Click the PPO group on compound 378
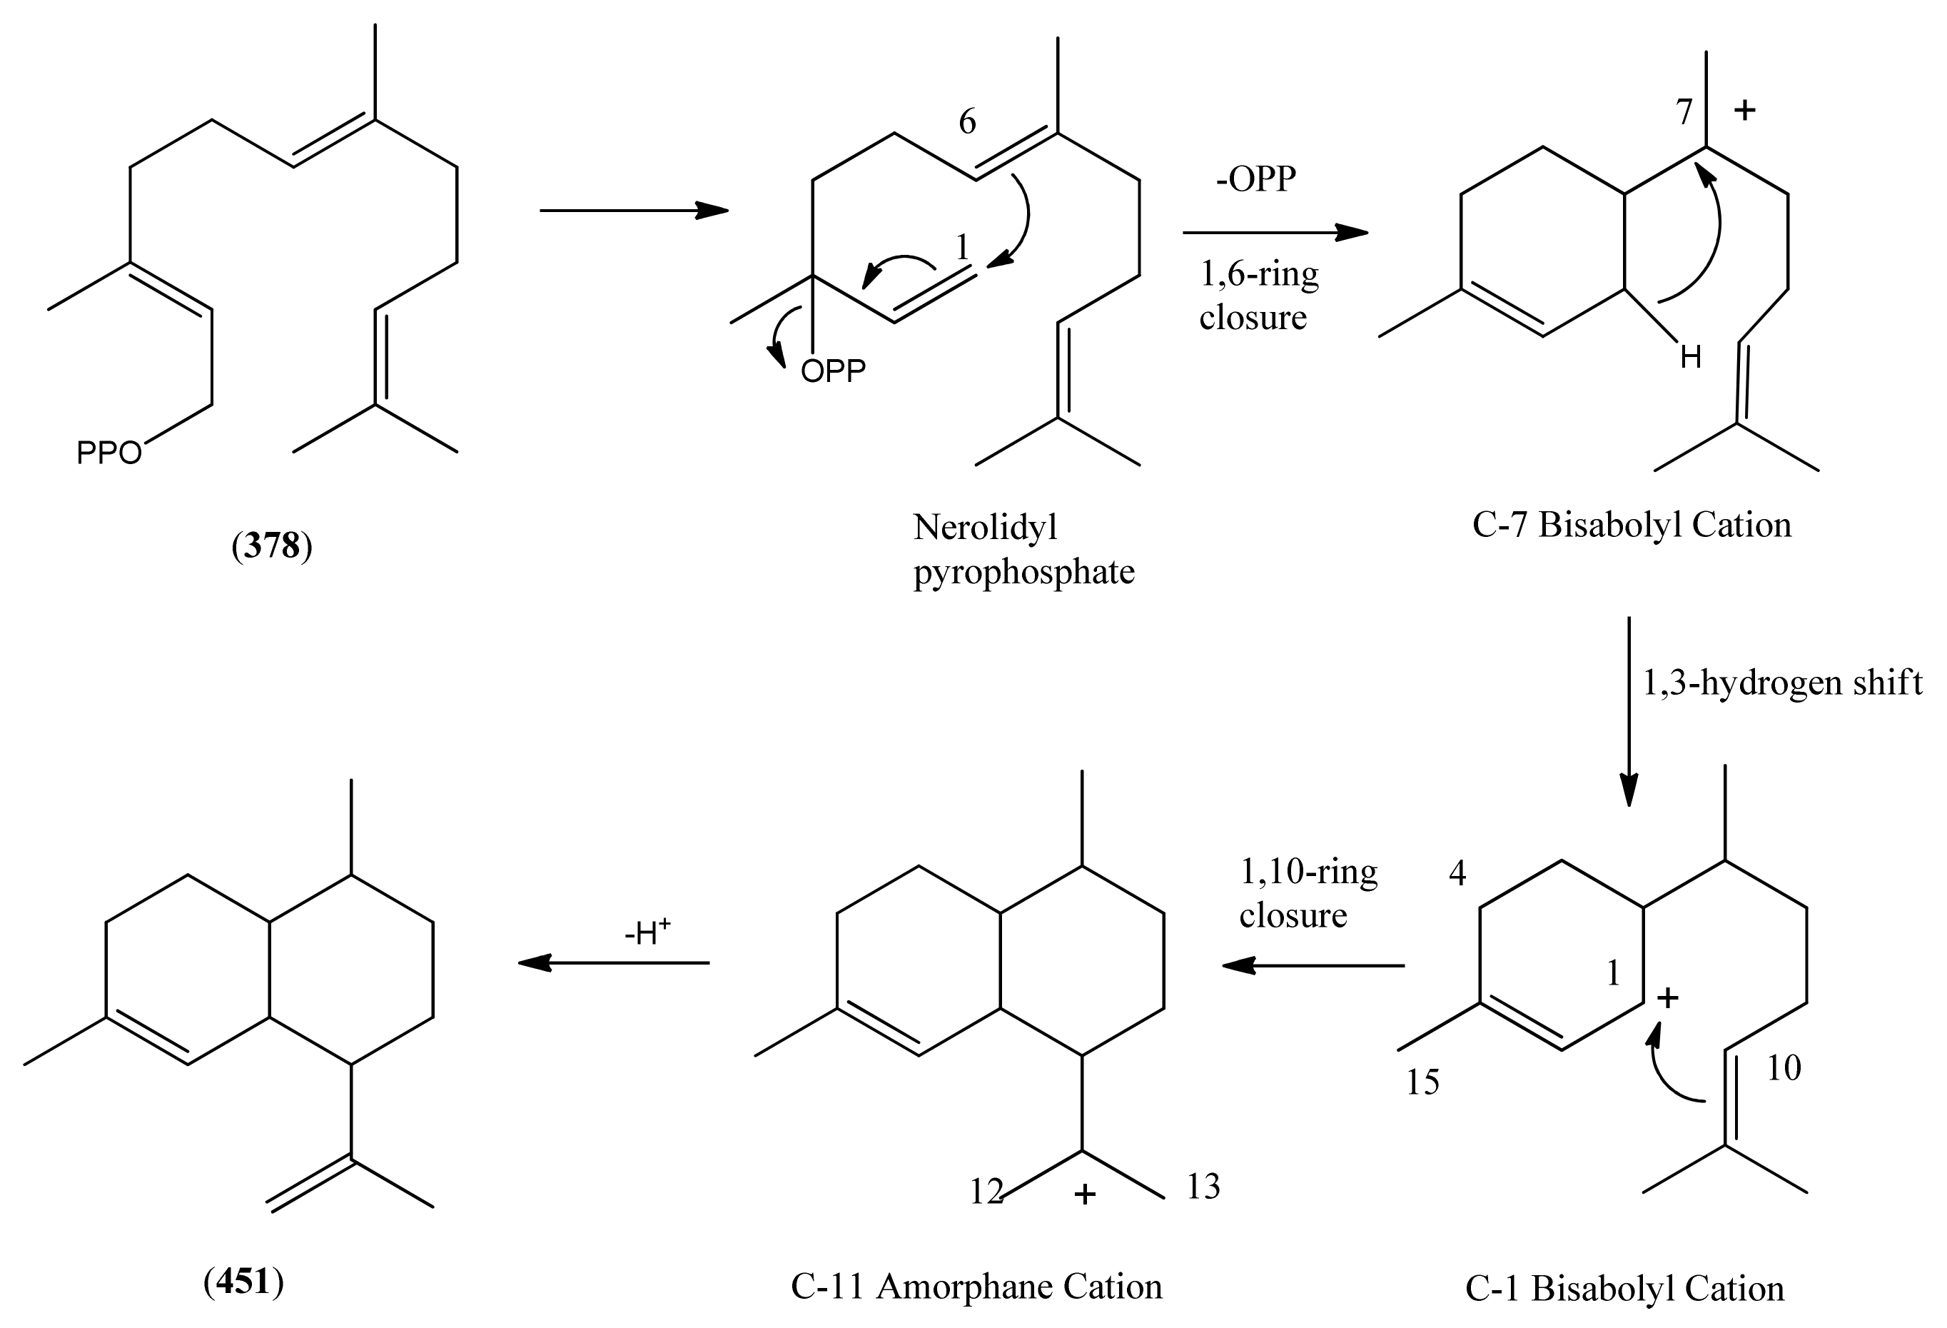(x=109, y=453)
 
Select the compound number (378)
(x=271, y=546)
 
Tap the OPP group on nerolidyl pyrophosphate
(x=833, y=371)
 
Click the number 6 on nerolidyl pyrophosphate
(x=967, y=122)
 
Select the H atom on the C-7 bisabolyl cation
(x=1691, y=358)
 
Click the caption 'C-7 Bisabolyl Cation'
(x=1631, y=525)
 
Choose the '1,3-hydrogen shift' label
(x=1781, y=683)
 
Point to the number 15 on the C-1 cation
(x=1422, y=1082)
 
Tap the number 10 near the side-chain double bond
(x=1784, y=1068)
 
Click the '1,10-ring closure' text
(x=1307, y=893)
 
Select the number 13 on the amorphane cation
(x=1203, y=1187)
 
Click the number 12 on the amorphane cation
(x=986, y=1192)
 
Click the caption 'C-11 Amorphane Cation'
(x=976, y=1287)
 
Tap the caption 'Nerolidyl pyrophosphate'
(x=1023, y=550)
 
